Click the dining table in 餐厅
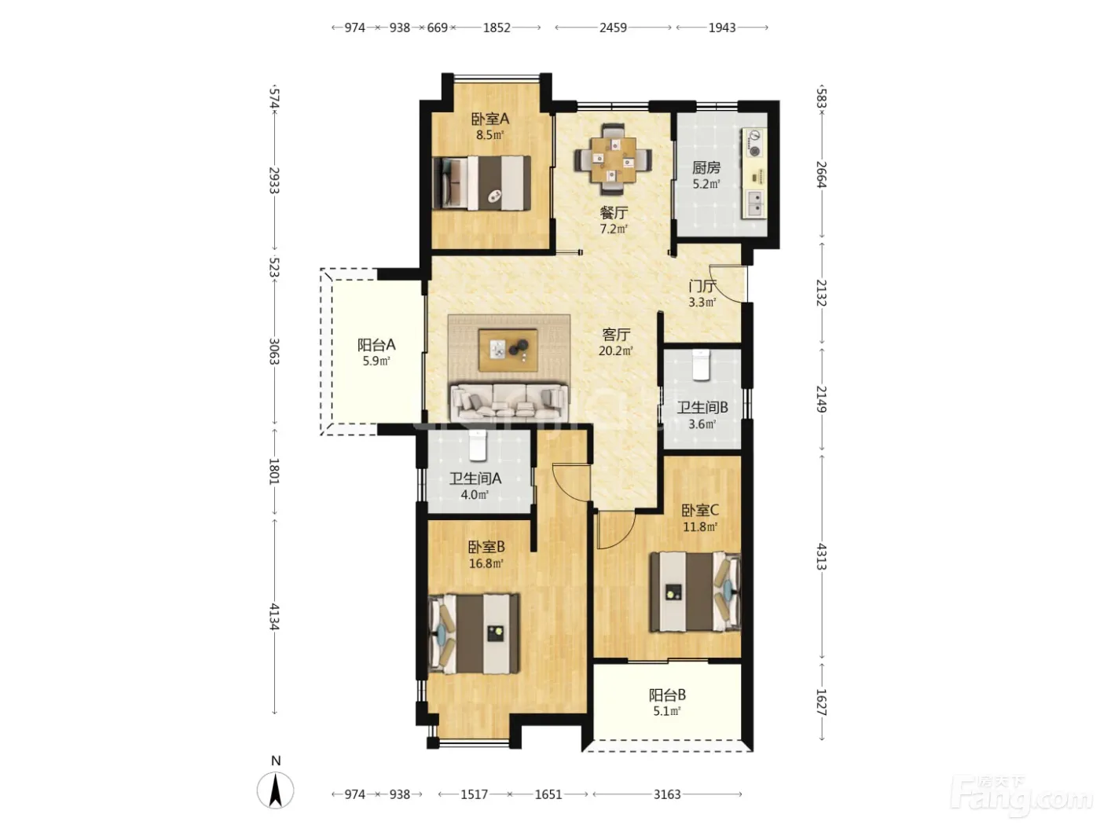coord(613,159)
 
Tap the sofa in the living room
coord(509,402)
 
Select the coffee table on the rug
coord(508,350)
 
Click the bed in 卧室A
coord(482,182)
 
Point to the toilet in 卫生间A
coord(477,445)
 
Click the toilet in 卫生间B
coord(701,365)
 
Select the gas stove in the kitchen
coord(754,142)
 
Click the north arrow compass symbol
coord(275,790)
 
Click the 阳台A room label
coord(376,345)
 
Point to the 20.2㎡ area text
coord(615,350)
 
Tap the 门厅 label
coord(702,286)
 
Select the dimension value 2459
coord(613,27)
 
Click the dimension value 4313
coord(821,556)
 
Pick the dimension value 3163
coord(667,794)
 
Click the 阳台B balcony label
coord(667,695)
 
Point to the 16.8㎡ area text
coord(486,563)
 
